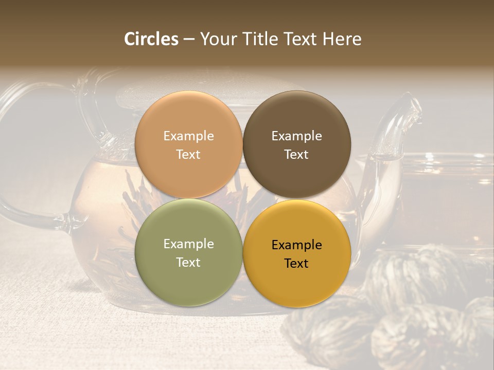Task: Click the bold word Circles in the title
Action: coord(151,39)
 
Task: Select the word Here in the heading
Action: coord(342,39)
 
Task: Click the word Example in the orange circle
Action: coord(188,136)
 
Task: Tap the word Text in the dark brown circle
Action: coord(296,155)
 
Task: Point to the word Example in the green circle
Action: coord(188,244)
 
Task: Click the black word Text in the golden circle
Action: coord(296,264)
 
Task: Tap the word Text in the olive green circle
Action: coord(188,263)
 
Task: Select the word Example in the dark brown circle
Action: coord(296,136)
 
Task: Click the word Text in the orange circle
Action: coord(188,155)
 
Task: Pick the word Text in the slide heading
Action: coord(299,39)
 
